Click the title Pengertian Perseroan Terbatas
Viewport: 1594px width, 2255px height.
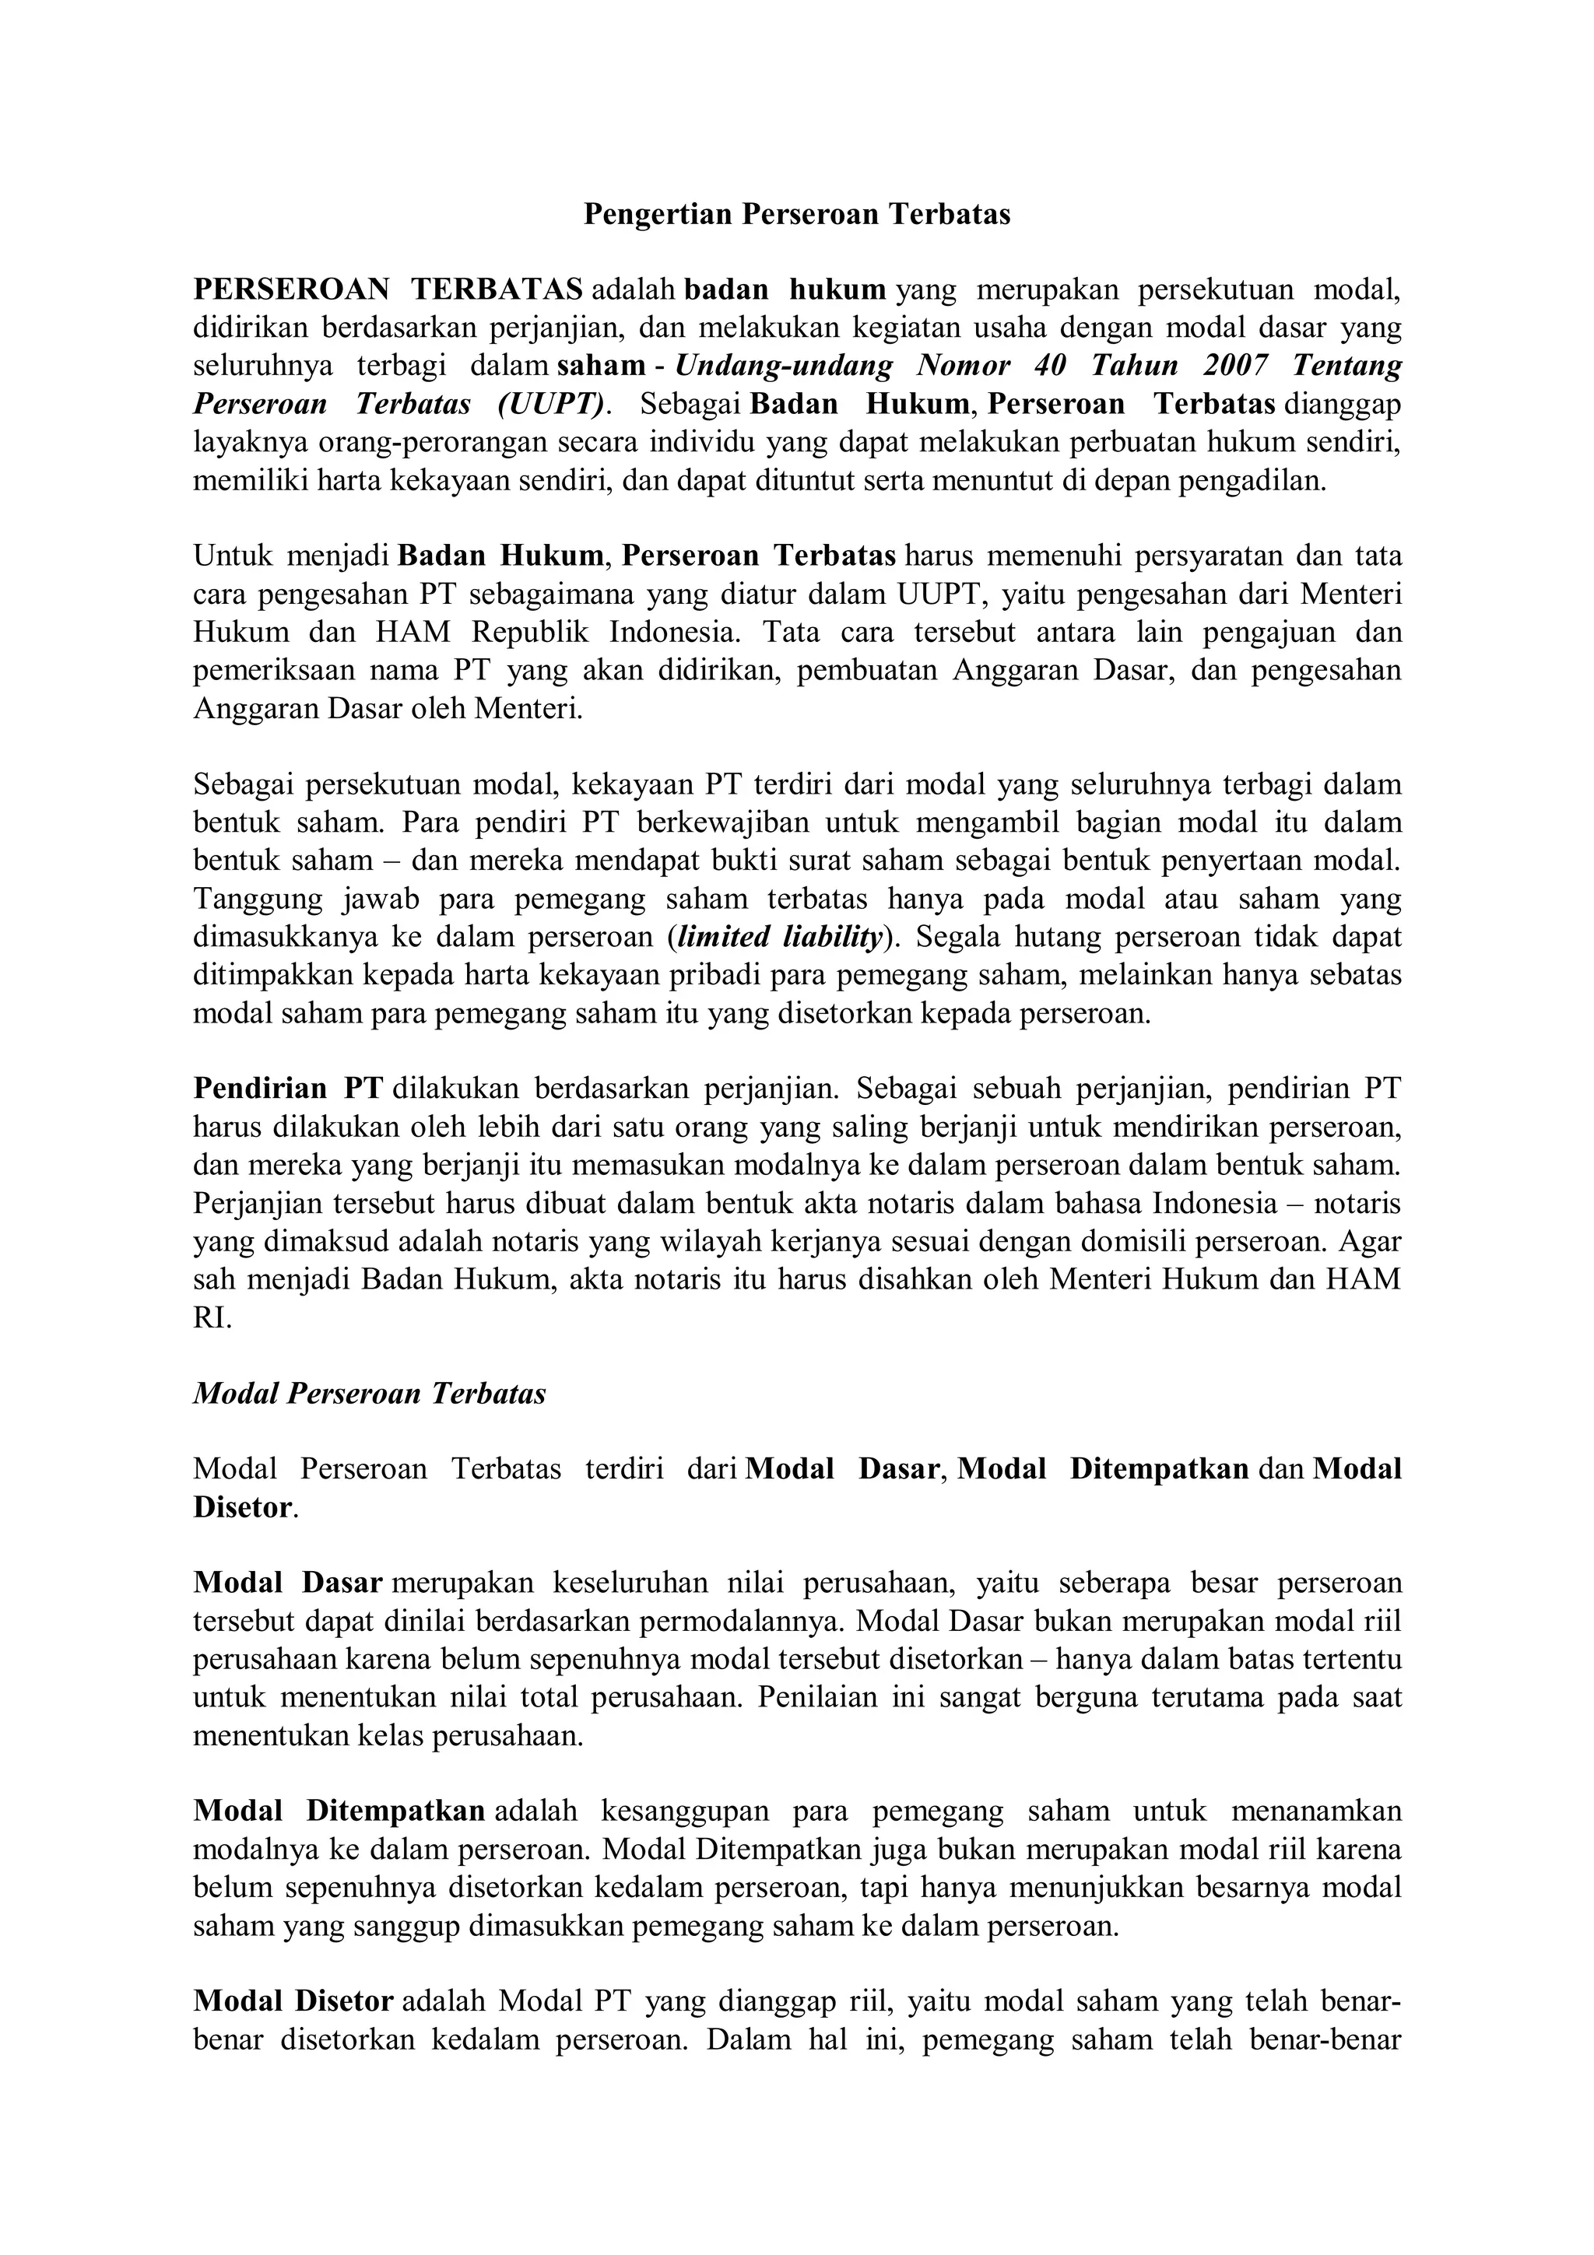(x=796, y=214)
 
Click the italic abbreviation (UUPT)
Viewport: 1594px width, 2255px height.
(x=548, y=404)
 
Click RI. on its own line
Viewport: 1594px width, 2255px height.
(x=212, y=1318)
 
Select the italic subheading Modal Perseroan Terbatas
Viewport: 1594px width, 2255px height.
(x=369, y=1394)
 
